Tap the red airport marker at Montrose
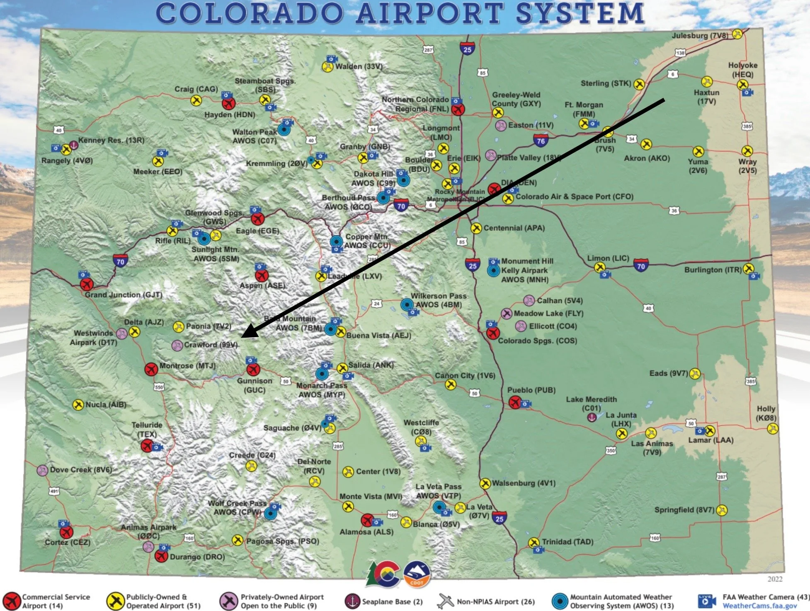(x=151, y=368)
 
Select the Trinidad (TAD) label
(x=567, y=542)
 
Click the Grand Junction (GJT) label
(x=123, y=295)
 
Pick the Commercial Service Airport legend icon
(x=12, y=601)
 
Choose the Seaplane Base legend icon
(x=352, y=601)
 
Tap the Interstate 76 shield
(x=541, y=141)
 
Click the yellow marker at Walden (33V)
(x=327, y=66)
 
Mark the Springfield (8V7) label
(x=684, y=510)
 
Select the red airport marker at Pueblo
(x=515, y=402)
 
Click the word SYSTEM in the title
(x=580, y=13)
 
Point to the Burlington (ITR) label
(x=713, y=270)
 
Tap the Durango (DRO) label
(x=197, y=557)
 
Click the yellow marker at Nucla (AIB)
(x=78, y=405)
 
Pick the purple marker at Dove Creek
(x=42, y=470)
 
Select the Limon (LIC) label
(x=608, y=258)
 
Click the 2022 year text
(x=774, y=579)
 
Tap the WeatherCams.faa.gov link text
(x=759, y=606)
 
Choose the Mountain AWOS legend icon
(x=560, y=601)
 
